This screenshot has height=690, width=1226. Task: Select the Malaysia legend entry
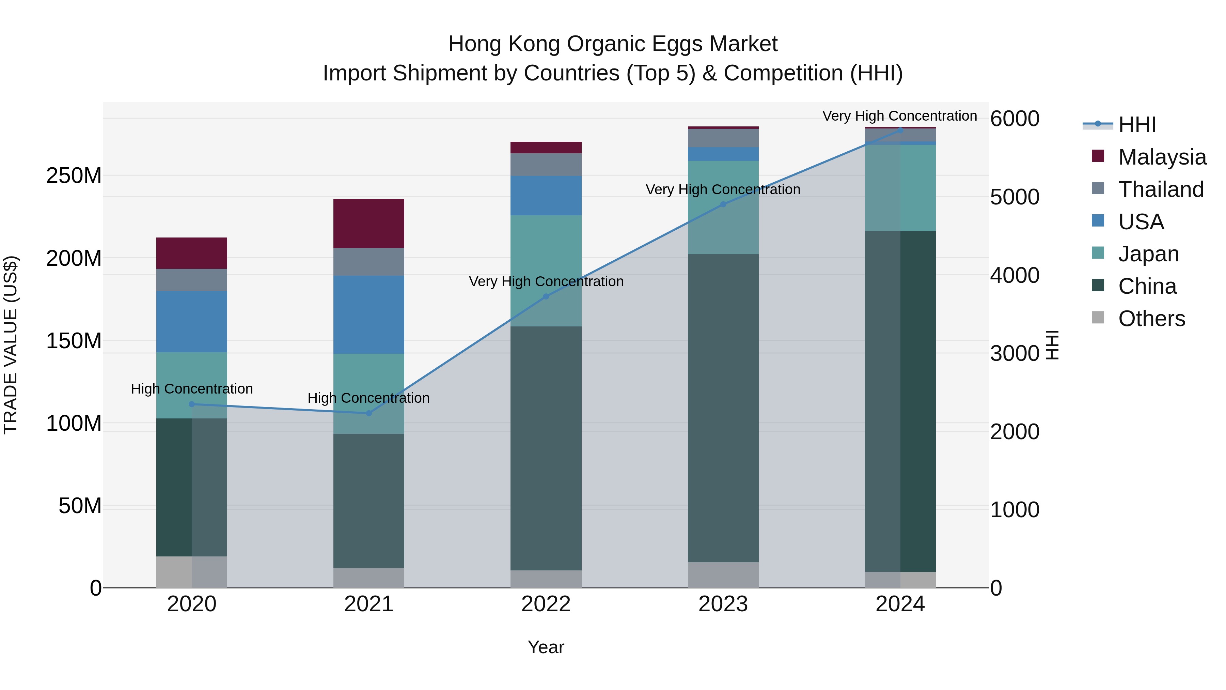coord(1161,157)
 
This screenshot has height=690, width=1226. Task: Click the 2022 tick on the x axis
coord(546,604)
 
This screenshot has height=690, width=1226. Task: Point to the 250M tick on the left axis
coord(74,176)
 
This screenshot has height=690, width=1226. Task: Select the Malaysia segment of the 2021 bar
coord(369,223)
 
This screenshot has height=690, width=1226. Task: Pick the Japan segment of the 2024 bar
coord(900,188)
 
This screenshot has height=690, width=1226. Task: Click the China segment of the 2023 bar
coord(723,408)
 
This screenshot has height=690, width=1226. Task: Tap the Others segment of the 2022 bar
coord(546,579)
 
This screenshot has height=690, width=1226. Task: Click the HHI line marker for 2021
coord(369,413)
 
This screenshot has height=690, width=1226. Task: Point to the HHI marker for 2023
coord(723,204)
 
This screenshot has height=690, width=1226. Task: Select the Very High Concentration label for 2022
coord(546,281)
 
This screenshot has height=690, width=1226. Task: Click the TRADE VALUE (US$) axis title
coord(11,345)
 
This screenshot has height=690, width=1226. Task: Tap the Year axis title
coord(546,647)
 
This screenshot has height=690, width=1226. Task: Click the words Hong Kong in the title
coord(504,44)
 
